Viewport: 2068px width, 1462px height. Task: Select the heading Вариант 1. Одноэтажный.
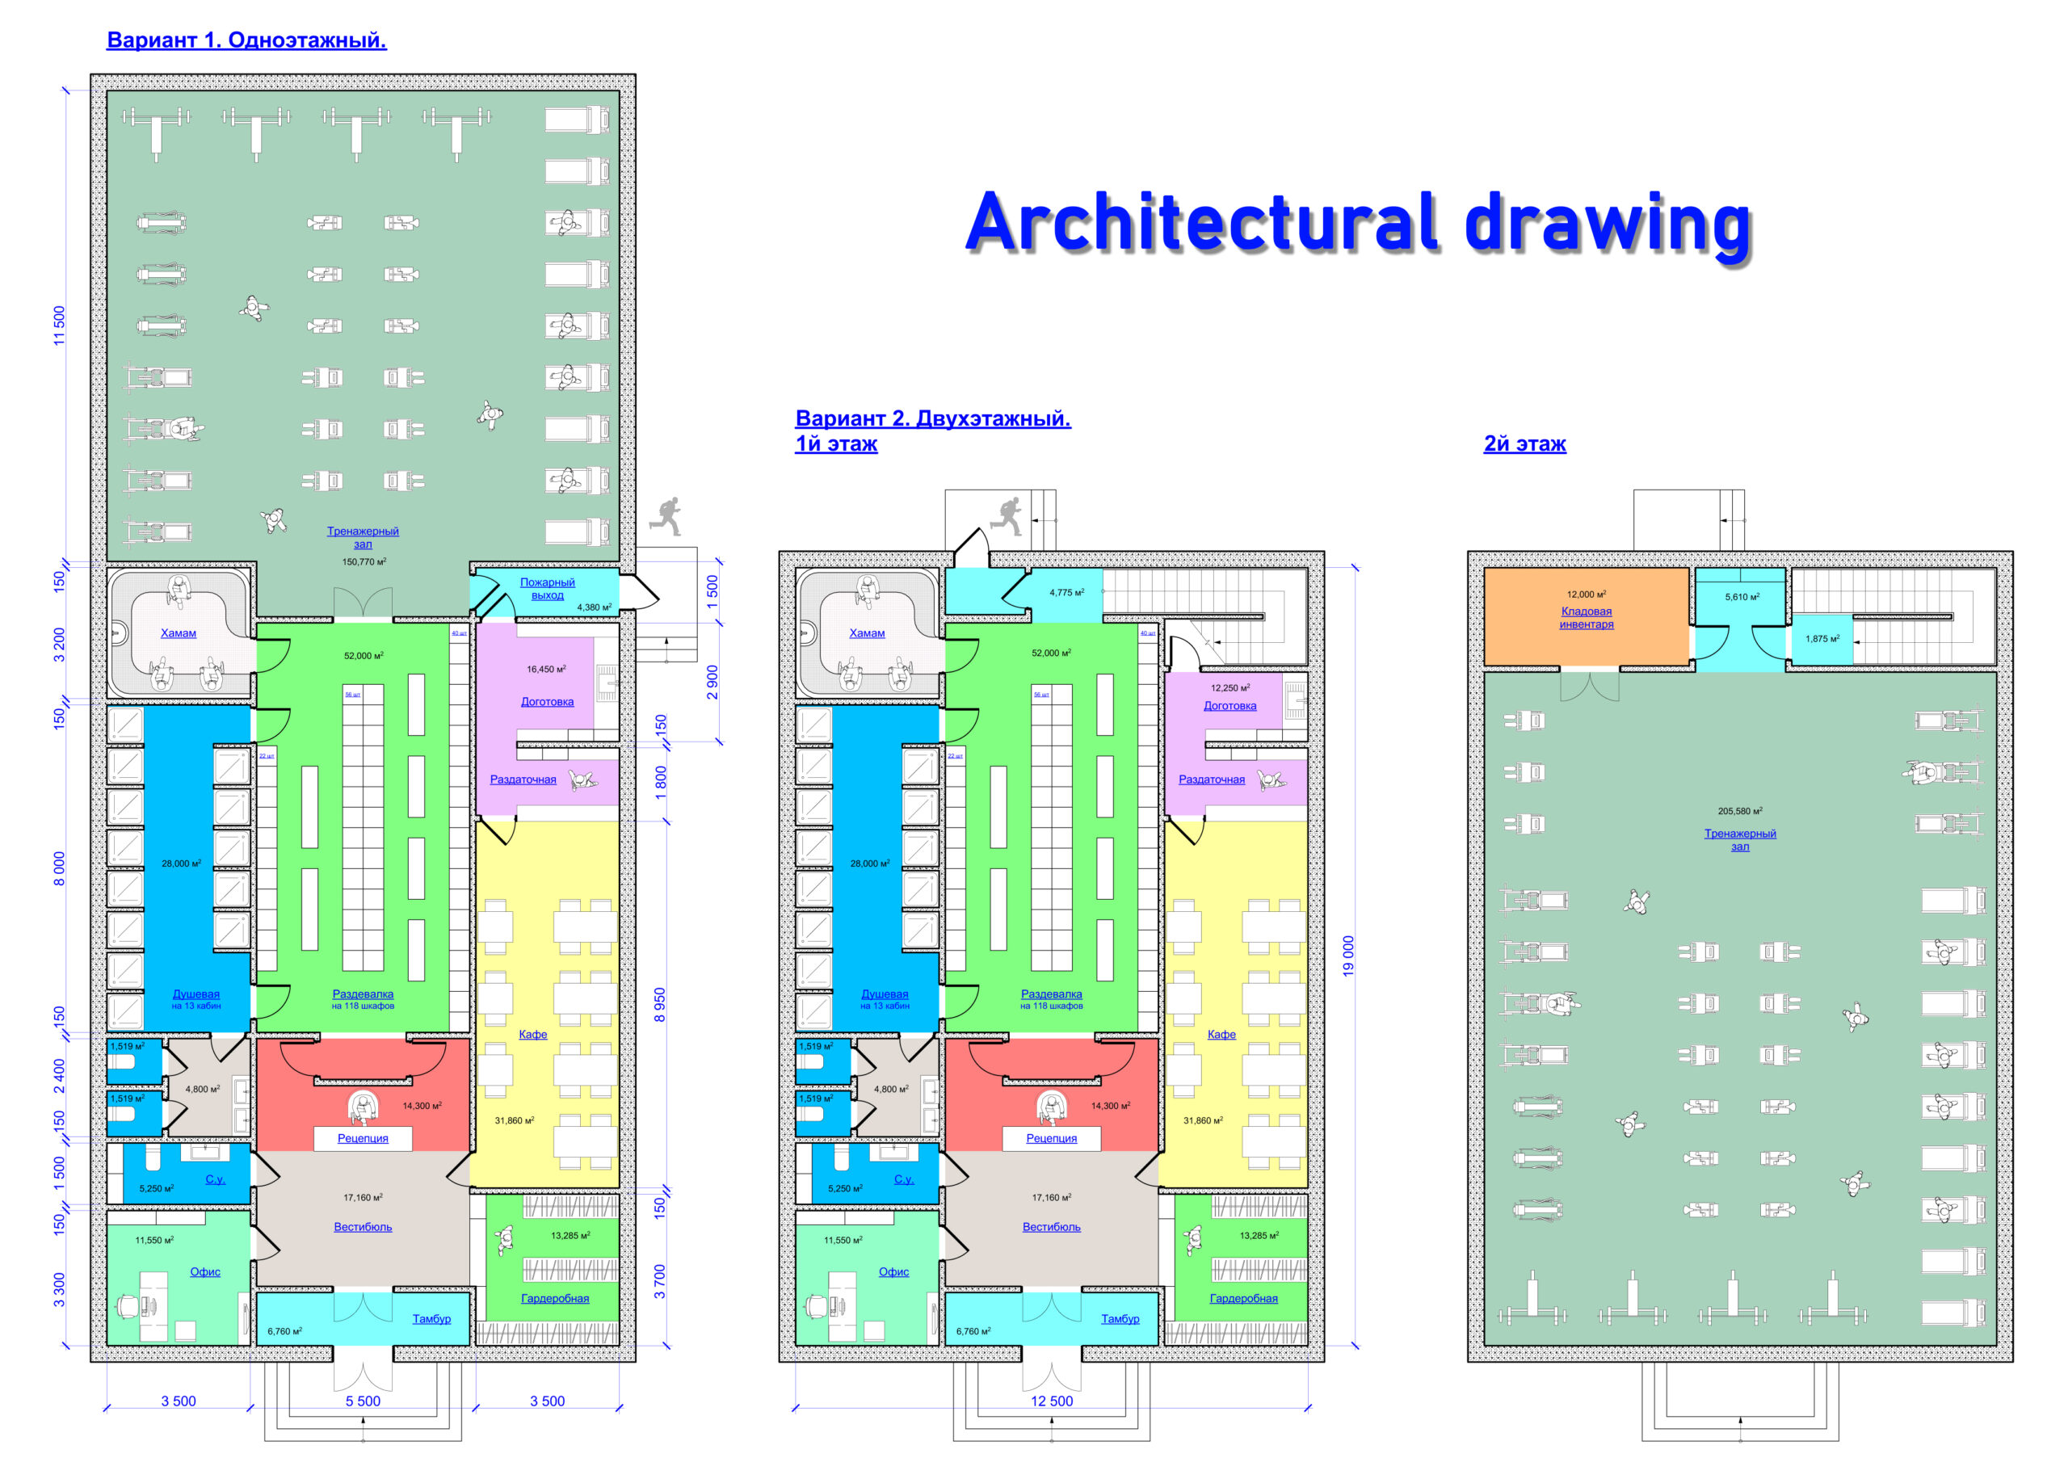(247, 40)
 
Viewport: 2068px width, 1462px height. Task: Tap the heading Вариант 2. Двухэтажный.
(933, 419)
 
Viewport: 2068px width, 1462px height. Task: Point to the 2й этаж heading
(1524, 444)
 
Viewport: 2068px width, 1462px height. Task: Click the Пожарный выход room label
(547, 589)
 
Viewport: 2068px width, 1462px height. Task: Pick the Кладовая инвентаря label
(1586, 618)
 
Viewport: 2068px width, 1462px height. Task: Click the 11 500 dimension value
(60, 326)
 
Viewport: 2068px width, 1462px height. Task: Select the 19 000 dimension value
(1348, 956)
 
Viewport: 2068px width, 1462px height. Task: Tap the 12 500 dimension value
(1052, 1401)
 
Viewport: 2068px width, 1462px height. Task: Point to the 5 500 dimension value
(363, 1401)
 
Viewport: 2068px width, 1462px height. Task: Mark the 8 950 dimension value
(660, 1006)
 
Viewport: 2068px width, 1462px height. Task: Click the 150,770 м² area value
(364, 562)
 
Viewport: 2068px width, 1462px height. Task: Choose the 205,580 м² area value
(1740, 812)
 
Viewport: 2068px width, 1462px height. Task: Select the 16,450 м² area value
(547, 670)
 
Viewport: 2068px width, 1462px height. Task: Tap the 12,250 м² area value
(1230, 688)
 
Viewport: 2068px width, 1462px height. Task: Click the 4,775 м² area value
(1066, 593)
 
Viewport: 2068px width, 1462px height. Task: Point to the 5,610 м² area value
(1742, 597)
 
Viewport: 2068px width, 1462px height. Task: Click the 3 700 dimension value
(660, 1282)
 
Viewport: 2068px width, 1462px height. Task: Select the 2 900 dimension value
(712, 683)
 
